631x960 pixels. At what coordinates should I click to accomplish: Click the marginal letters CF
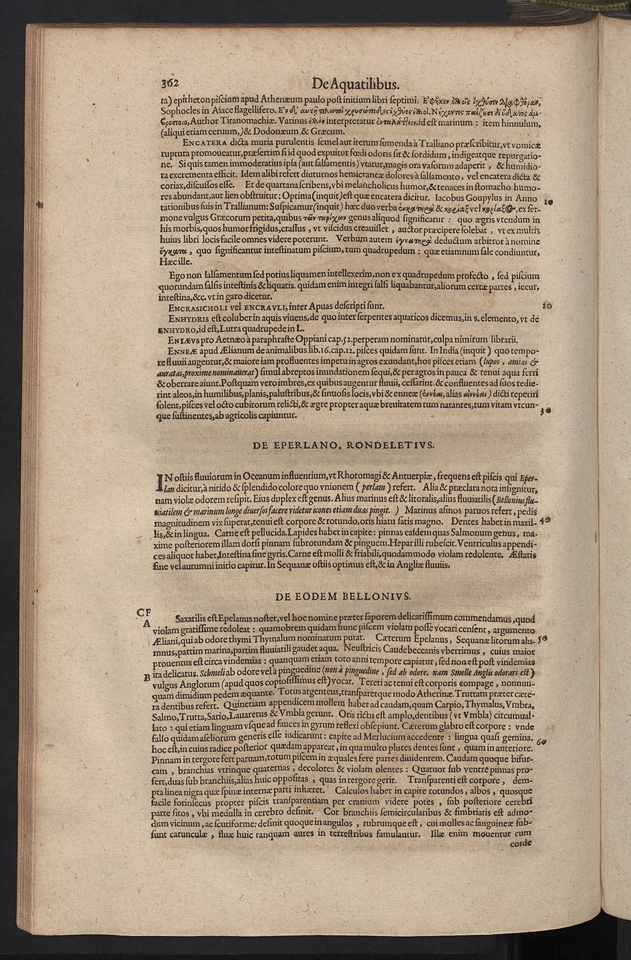click(144, 611)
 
